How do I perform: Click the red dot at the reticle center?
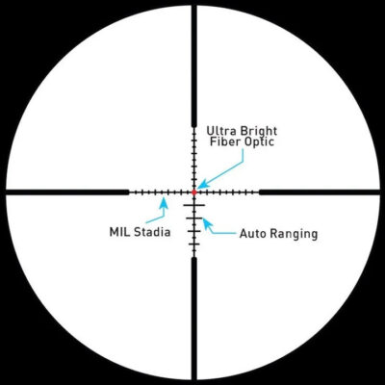[x=193, y=192]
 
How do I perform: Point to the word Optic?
[x=259, y=142]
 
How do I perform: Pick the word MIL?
[x=120, y=232]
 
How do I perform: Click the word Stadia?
[x=152, y=232]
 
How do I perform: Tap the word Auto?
[x=253, y=233]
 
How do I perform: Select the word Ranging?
[x=294, y=234]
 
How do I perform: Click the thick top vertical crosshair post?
[x=193, y=64]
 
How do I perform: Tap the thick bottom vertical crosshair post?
[x=193, y=320]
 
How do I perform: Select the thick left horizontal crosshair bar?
[x=67, y=192]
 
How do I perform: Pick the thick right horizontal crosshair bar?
[x=320, y=192]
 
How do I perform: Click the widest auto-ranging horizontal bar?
[x=193, y=205]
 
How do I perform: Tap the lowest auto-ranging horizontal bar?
[x=193, y=244]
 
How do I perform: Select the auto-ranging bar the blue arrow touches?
[x=193, y=218]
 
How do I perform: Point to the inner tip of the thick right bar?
[x=259, y=192]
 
